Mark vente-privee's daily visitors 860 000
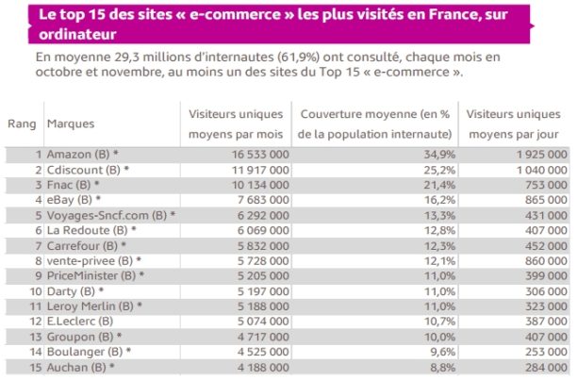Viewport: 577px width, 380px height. pos(540,259)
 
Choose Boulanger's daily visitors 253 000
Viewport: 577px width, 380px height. pos(540,351)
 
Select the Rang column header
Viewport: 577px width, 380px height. pos(22,124)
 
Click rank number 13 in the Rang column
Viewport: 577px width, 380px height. pos(35,336)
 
